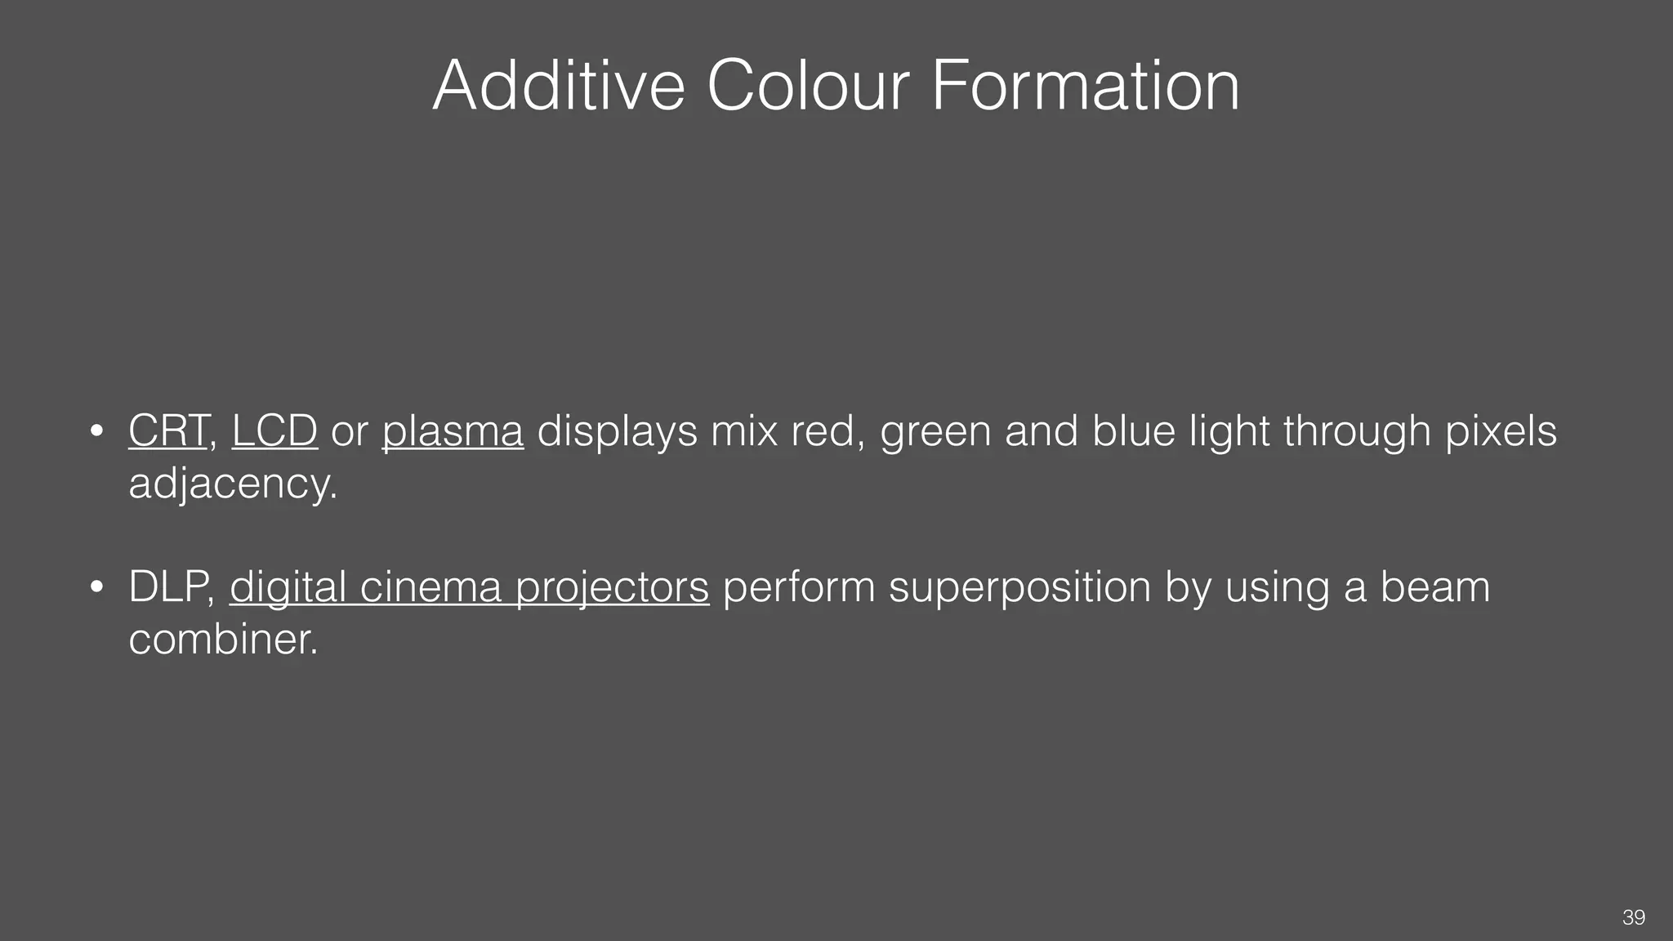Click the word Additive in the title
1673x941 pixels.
[x=558, y=86]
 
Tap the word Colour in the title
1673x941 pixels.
[x=807, y=86]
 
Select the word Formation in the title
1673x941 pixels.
[x=1085, y=86]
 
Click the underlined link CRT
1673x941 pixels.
[x=167, y=430]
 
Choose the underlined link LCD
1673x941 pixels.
[x=274, y=430]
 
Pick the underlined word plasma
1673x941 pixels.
[x=453, y=430]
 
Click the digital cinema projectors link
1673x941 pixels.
[x=469, y=586]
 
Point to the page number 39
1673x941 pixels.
[x=1633, y=917]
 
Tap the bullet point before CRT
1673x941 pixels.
[x=96, y=431]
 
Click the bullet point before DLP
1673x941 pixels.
[x=96, y=587]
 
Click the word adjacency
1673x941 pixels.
[x=232, y=484]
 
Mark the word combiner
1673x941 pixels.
[x=222, y=638]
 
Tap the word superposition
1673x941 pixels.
[x=1019, y=586]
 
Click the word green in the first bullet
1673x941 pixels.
[x=935, y=430]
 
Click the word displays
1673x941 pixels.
[x=617, y=430]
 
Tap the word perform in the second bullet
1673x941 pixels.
[x=799, y=586]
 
